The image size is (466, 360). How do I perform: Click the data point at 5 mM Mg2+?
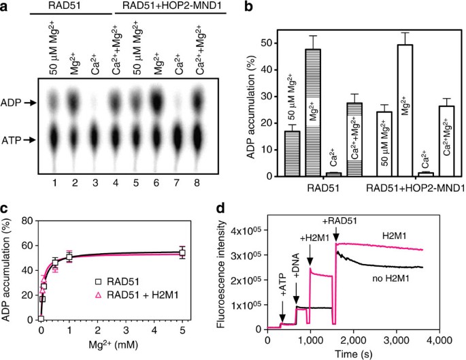(200, 252)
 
